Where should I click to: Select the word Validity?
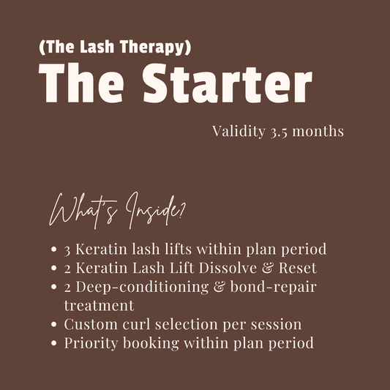coord(239,132)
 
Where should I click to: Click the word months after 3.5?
coord(323,132)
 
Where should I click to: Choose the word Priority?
coord(90,341)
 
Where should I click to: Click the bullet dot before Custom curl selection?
coord(54,323)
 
